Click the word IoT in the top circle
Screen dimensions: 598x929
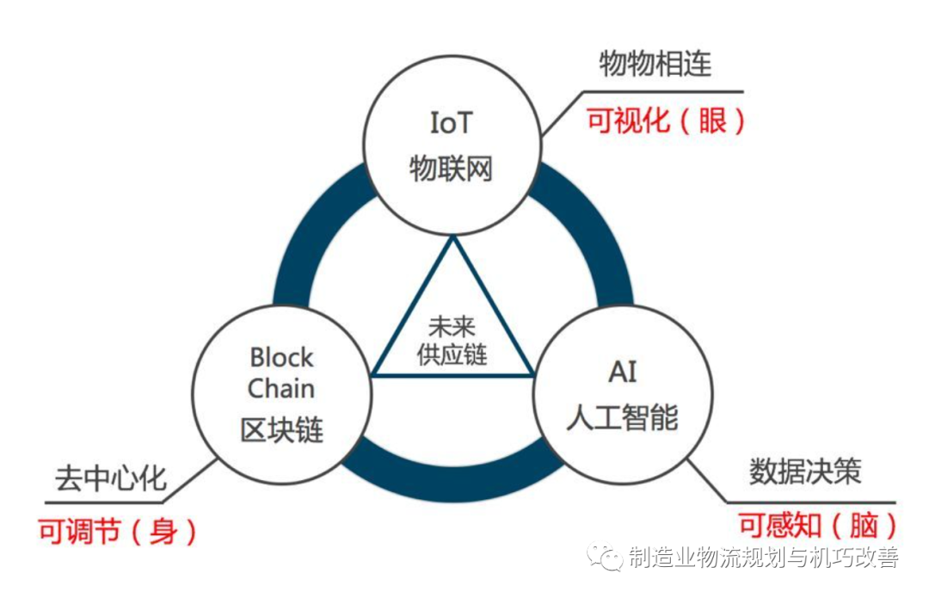452,124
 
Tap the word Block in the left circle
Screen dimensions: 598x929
282,357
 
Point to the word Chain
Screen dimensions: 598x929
281,389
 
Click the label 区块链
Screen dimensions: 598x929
282,429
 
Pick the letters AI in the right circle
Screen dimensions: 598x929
622,373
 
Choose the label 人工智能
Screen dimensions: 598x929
622,417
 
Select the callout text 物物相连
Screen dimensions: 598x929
655,65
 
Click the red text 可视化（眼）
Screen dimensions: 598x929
666,120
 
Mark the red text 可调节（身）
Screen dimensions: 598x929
118,532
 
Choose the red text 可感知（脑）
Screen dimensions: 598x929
818,525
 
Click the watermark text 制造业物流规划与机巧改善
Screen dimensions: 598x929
763,558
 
